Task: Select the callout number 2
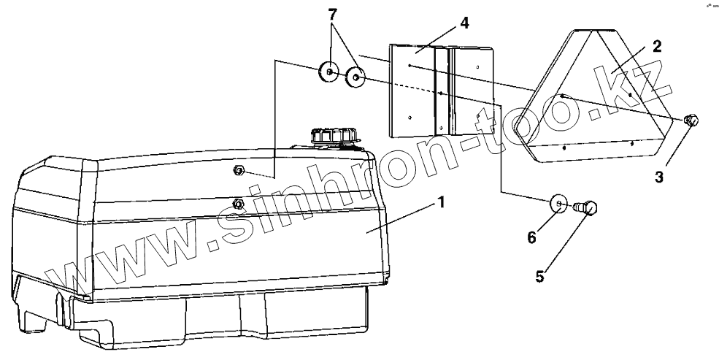656,47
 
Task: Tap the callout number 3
659,177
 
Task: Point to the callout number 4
464,23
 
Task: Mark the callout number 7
333,15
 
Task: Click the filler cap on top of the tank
334,137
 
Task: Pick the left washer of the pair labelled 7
330,72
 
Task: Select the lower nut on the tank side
237,203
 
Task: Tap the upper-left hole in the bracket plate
411,66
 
